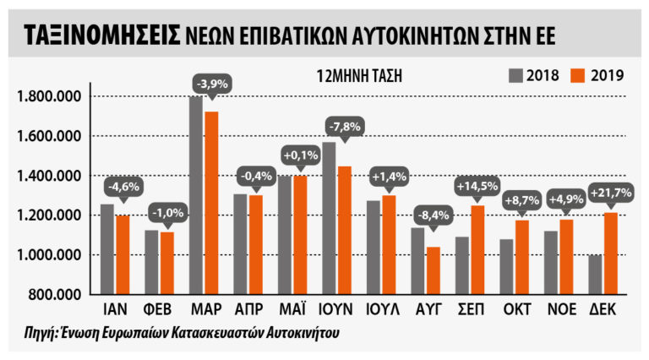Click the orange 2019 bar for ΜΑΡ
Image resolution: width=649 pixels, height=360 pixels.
pos(212,203)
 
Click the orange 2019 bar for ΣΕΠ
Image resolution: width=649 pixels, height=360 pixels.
pos(479,249)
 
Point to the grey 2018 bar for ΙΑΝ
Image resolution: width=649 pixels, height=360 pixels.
pos(106,248)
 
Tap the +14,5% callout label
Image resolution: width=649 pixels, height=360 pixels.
pos(478,185)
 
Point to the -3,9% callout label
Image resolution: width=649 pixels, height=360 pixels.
pos(212,85)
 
